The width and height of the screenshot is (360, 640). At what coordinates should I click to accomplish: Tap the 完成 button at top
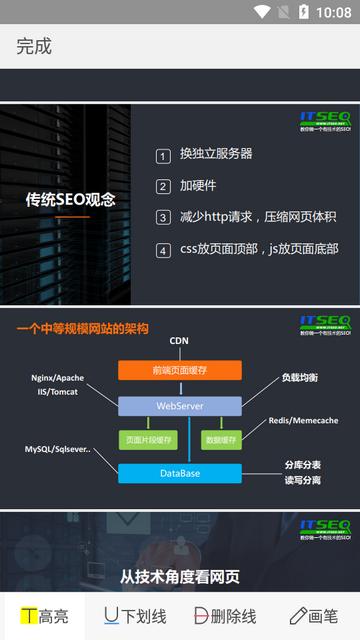pyautogui.click(x=34, y=46)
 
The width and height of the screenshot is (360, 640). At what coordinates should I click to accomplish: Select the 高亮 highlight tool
pyautogui.click(x=45, y=616)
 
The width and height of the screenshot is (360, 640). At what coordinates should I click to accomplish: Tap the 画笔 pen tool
pyautogui.click(x=314, y=616)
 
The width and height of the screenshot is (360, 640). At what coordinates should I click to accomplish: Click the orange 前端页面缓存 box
pyautogui.click(x=180, y=370)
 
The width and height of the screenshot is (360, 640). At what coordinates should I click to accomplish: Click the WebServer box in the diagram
pyautogui.click(x=180, y=406)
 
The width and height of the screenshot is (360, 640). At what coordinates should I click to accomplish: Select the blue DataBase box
pyautogui.click(x=180, y=473)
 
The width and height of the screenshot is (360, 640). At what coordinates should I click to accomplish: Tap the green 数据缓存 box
pyautogui.click(x=220, y=439)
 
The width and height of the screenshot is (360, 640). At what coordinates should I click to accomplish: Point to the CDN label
pyautogui.click(x=179, y=341)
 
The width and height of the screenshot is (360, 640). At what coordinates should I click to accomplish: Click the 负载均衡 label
pyautogui.click(x=299, y=378)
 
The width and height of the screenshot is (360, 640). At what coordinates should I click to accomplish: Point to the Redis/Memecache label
pyautogui.click(x=303, y=421)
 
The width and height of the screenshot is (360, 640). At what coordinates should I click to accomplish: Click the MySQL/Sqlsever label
pyautogui.click(x=58, y=450)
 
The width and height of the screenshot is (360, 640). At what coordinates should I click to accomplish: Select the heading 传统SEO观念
pyautogui.click(x=70, y=199)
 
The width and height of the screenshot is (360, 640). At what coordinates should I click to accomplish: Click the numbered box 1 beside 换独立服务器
pyautogui.click(x=163, y=156)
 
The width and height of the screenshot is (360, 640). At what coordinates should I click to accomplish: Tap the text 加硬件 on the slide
pyautogui.click(x=198, y=186)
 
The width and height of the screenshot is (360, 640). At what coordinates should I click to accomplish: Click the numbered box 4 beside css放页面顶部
pyautogui.click(x=163, y=250)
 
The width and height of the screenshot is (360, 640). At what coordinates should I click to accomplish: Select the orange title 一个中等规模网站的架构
pyautogui.click(x=82, y=328)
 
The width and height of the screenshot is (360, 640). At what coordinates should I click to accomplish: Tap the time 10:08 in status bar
pyautogui.click(x=333, y=12)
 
